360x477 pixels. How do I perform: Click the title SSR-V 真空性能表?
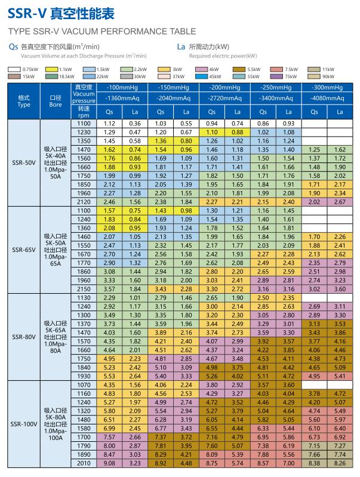[61, 13]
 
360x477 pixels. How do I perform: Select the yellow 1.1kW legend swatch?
[51, 69]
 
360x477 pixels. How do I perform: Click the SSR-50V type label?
[24, 163]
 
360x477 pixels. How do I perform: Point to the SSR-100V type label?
[24, 424]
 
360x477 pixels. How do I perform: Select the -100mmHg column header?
[122, 88]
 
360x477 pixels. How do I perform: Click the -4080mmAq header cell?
[327, 99]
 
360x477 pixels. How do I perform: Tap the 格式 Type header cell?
[24, 101]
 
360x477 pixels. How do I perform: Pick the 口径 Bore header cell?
[56, 101]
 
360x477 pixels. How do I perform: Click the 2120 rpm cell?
[84, 202]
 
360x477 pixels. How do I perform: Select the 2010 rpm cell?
[84, 463]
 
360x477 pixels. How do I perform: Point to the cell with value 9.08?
[109, 463]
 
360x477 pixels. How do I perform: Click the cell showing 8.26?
[340, 463]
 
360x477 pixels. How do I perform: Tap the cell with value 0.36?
[135, 124]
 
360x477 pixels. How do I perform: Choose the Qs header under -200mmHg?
[212, 112]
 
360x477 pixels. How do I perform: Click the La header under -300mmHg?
[340, 112]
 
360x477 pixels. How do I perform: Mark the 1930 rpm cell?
[84, 376]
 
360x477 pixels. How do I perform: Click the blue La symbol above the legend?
[181, 47]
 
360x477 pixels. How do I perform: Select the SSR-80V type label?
[24, 337]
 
